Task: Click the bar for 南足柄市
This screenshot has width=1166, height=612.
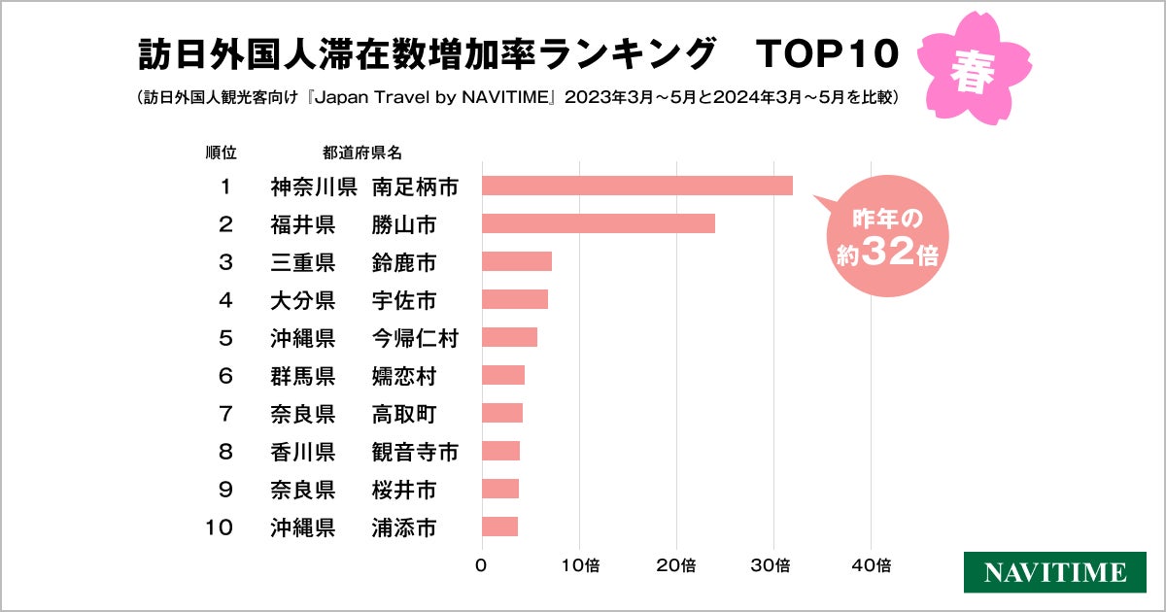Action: (x=636, y=186)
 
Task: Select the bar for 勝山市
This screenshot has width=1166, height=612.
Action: (x=598, y=223)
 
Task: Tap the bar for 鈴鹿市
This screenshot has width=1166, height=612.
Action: (x=516, y=261)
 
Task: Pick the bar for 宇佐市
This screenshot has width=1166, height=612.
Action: (x=514, y=299)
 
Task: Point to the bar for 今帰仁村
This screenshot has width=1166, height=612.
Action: (x=509, y=337)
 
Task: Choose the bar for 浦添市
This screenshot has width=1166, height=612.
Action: (x=499, y=527)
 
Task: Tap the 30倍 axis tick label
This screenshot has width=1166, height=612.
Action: (x=773, y=564)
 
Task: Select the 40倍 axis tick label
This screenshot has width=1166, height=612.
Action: (x=871, y=564)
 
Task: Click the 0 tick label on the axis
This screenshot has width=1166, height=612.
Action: (x=482, y=564)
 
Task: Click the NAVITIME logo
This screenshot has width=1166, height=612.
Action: (x=1053, y=572)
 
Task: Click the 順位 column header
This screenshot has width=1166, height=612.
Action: (x=221, y=153)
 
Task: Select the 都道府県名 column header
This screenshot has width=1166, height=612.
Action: (x=361, y=153)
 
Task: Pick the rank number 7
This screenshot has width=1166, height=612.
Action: (x=225, y=414)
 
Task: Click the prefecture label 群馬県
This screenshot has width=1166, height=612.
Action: (x=302, y=376)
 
